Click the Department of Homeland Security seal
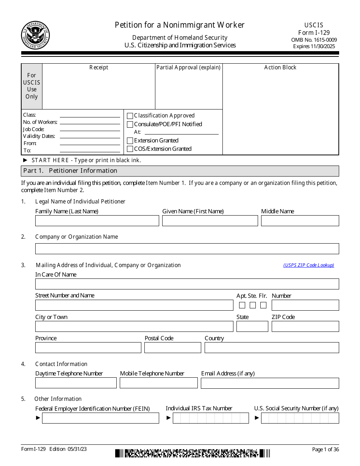(x=35, y=35)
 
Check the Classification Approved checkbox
(x=130, y=116)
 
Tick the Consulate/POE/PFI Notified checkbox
(x=130, y=124)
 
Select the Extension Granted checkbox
(x=130, y=141)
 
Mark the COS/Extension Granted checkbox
(x=130, y=149)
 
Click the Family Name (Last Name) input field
(x=97, y=221)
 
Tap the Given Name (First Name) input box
(x=210, y=221)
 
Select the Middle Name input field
(x=300, y=221)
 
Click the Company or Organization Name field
(x=187, y=249)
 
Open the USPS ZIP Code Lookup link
(x=308, y=265)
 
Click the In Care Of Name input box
(x=187, y=284)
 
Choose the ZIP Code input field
(x=305, y=327)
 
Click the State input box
(x=252, y=327)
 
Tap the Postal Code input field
(x=173, y=348)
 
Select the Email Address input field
(x=270, y=383)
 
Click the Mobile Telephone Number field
(x=158, y=383)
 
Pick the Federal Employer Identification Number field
(x=100, y=418)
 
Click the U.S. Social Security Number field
(x=300, y=418)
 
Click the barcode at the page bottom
(x=193, y=453)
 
